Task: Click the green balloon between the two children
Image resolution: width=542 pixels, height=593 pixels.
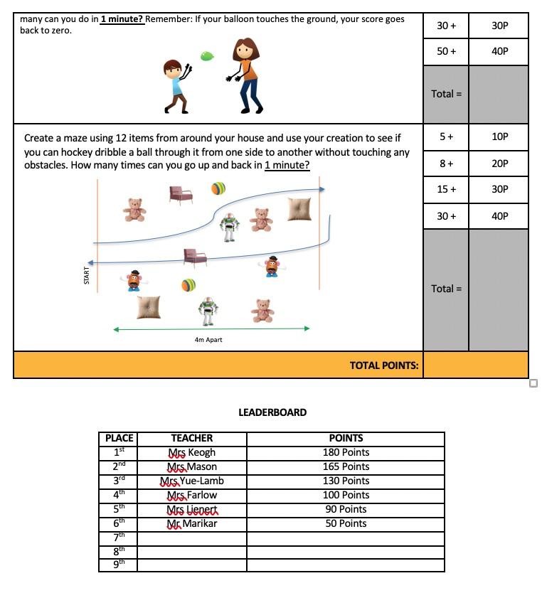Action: point(207,55)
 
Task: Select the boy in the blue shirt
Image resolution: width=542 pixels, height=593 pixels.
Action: point(175,85)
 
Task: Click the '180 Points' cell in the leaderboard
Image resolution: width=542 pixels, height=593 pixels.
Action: point(346,452)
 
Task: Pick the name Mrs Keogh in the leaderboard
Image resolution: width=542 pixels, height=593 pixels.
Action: point(192,452)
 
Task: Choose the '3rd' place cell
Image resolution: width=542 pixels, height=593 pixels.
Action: point(118,481)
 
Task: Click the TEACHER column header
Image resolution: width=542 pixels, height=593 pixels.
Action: point(192,438)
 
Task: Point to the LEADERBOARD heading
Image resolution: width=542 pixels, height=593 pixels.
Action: point(272,412)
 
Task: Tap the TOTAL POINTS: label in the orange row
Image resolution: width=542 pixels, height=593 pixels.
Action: point(384,365)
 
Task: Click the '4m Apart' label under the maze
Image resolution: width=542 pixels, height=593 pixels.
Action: point(208,340)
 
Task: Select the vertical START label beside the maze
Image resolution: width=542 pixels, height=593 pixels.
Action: point(87,275)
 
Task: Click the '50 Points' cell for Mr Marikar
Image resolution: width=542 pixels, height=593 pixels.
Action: point(346,523)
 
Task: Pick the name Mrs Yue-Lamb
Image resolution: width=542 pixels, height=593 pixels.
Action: point(192,481)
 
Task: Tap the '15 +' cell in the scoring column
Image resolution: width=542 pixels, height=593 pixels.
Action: point(446,189)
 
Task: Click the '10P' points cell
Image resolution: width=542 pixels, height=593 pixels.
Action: point(499,137)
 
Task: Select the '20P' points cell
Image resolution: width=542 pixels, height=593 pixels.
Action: point(499,164)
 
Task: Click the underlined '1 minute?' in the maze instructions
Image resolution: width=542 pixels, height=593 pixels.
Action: point(287,166)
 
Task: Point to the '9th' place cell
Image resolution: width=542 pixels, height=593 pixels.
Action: point(118,565)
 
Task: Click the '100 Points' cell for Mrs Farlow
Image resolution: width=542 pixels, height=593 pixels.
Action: point(346,495)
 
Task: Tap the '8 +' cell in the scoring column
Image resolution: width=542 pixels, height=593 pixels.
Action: point(446,164)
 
